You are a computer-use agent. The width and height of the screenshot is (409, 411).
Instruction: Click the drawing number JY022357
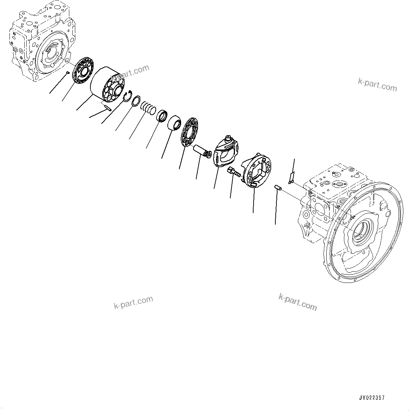pyautogui.click(x=371, y=398)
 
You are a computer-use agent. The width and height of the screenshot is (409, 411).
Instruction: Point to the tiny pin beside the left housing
pyautogui.click(x=66, y=73)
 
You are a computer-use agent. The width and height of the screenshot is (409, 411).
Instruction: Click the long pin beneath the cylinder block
pyautogui.click(x=106, y=107)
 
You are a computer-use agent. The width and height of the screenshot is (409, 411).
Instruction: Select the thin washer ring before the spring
pyautogui.click(x=136, y=101)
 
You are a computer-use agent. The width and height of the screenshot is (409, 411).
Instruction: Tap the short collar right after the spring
pyautogui.click(x=162, y=115)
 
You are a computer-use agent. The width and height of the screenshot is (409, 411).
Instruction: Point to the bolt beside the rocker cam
pyautogui.click(x=234, y=172)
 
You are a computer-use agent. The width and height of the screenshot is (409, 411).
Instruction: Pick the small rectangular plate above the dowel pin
pyautogui.click(x=291, y=177)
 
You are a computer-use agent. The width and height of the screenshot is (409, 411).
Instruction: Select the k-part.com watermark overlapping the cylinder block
pyautogui.click(x=131, y=72)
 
